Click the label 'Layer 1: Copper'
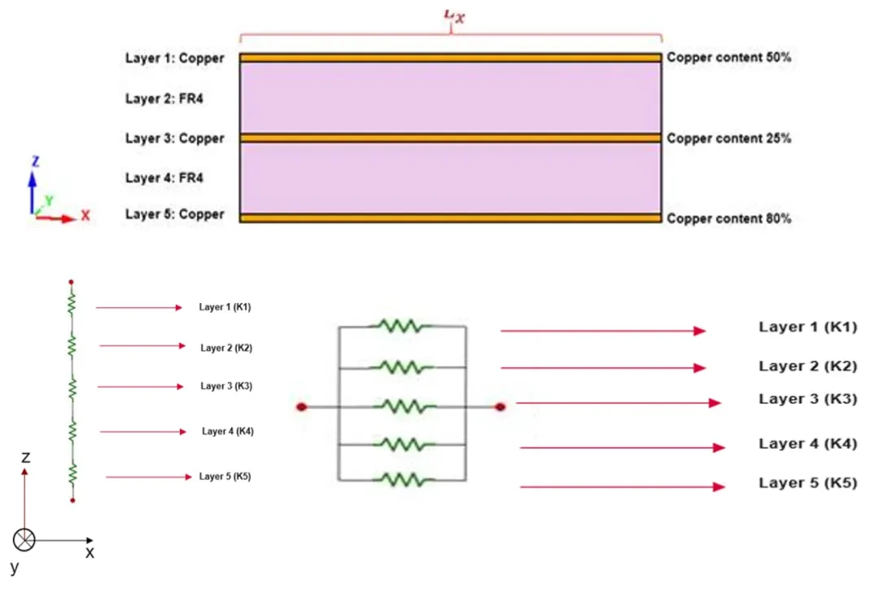point(174,58)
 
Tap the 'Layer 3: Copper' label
point(174,138)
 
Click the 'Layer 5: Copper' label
point(174,214)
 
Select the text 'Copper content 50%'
point(728,58)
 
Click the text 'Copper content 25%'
point(728,138)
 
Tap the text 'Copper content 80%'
point(728,218)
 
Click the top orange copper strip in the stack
point(450,58)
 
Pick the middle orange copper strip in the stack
point(450,138)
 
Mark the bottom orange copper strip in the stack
point(450,218)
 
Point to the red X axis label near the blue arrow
point(85,217)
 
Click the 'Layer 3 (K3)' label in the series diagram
point(226,386)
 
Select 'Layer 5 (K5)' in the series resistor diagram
point(225,477)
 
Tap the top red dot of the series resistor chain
point(72,283)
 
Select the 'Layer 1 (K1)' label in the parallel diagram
point(807,327)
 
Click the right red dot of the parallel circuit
point(500,407)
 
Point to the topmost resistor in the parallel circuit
point(400,326)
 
